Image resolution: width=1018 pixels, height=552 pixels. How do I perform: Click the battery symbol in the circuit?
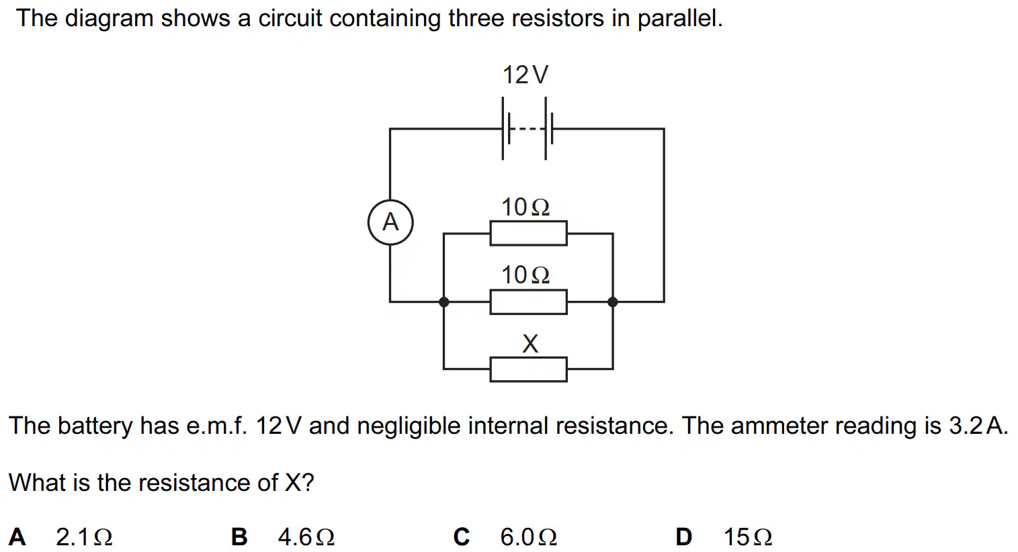527,128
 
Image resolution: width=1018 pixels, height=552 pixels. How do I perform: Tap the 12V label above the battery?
525,75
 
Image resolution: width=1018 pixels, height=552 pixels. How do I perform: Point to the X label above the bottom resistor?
530,344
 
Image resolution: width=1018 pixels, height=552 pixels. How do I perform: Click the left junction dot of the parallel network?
444,302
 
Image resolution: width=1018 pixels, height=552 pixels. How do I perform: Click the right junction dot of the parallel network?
613,302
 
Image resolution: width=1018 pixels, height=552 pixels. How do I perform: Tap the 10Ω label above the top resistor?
526,208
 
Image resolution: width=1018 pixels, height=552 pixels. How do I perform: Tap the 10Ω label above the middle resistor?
526,275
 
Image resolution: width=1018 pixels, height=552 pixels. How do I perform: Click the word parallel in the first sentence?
680,19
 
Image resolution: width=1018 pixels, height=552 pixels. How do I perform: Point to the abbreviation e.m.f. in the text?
217,426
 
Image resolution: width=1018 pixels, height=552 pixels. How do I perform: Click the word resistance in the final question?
194,483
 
